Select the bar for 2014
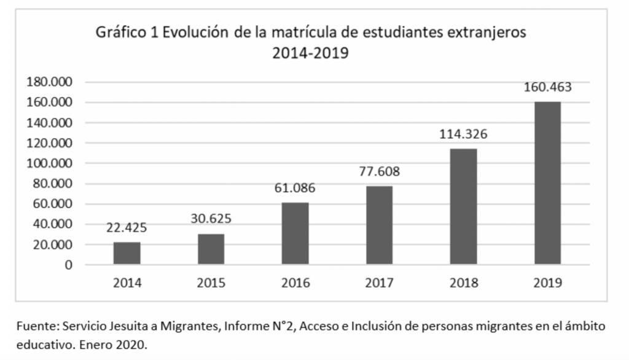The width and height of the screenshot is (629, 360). [127, 253]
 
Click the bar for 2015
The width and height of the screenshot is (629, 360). [211, 249]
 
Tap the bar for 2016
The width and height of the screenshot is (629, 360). [295, 233]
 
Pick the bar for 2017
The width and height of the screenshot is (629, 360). [379, 225]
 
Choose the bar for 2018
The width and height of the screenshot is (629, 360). [463, 206]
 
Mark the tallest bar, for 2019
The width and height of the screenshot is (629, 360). [547, 183]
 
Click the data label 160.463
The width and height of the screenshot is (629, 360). [547, 87]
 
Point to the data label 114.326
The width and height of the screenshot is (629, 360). [463, 134]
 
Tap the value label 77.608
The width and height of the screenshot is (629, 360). [379, 171]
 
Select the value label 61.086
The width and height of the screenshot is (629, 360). [295, 188]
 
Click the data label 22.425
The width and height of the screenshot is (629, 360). [127, 228]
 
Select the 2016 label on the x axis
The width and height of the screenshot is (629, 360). [295, 283]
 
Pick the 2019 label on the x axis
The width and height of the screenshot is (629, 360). [547, 283]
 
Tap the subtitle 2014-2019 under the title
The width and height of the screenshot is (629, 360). [310, 53]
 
